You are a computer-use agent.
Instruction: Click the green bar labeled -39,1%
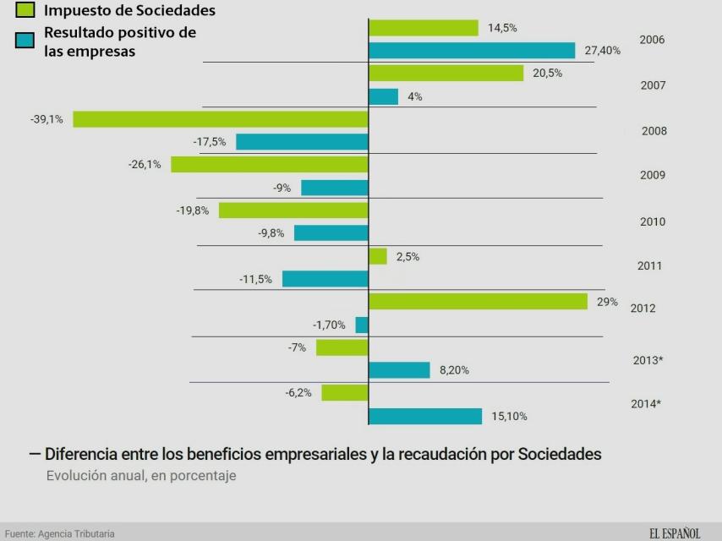(220, 119)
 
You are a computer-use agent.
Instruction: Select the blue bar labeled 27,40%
(472, 51)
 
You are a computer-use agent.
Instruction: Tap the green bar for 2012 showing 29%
(478, 302)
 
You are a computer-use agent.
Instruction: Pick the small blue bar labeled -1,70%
(362, 325)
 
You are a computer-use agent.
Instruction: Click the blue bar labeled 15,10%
(425, 416)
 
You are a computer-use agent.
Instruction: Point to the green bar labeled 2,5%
(378, 256)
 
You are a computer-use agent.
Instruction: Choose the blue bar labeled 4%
(383, 96)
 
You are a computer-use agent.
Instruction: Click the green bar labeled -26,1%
(269, 164)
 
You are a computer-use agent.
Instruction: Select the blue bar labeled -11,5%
(325, 279)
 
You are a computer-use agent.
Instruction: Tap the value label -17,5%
(209, 142)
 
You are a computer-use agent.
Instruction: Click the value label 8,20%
(454, 370)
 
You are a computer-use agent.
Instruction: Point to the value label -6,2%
(298, 393)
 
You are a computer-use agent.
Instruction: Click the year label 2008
(654, 131)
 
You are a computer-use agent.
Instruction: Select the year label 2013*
(648, 360)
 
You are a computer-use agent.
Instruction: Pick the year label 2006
(652, 40)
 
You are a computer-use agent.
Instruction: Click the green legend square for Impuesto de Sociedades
(25, 11)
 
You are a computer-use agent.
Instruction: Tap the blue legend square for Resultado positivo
(25, 40)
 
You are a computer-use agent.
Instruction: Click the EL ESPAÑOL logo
(675, 533)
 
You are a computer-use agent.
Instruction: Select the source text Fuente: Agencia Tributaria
(58, 533)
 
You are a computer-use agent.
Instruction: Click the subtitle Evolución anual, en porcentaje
(141, 476)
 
